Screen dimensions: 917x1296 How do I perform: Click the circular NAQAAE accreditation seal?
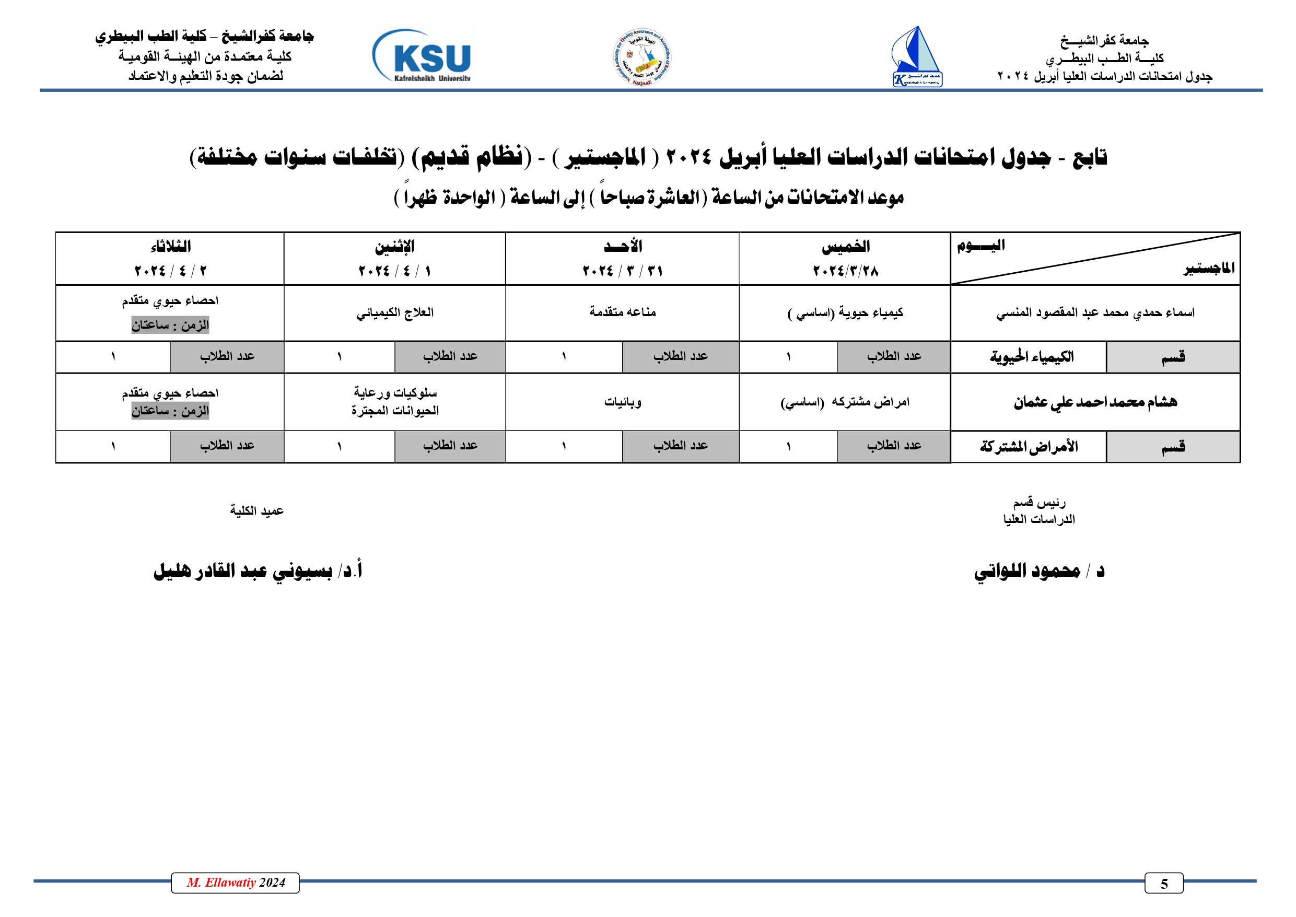click(642, 57)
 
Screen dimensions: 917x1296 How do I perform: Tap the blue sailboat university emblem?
click(916, 57)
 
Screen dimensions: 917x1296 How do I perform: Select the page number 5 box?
click(1163, 883)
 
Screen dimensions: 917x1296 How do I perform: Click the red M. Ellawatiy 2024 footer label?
click(236, 883)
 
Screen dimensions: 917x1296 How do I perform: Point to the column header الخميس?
click(845, 246)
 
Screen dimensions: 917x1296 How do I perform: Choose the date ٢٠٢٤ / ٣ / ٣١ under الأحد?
click(622, 271)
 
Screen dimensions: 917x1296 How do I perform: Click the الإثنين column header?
click(394, 246)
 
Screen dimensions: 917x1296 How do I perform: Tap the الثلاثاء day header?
click(170, 246)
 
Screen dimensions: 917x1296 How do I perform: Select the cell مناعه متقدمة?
click(622, 312)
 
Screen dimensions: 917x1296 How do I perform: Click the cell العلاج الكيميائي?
click(394, 313)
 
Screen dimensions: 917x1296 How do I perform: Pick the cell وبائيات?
click(622, 402)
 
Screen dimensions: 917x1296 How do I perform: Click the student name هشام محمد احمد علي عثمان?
click(1095, 402)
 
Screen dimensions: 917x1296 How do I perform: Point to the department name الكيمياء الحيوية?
click(1031, 357)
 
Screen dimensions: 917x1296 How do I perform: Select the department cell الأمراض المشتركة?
click(1029, 447)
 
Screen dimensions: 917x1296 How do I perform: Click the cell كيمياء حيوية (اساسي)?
click(845, 313)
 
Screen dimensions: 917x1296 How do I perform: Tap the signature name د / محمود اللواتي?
click(1038, 571)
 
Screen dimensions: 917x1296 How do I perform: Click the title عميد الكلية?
click(256, 511)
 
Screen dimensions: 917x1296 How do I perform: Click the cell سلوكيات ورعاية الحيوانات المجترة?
click(394, 401)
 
